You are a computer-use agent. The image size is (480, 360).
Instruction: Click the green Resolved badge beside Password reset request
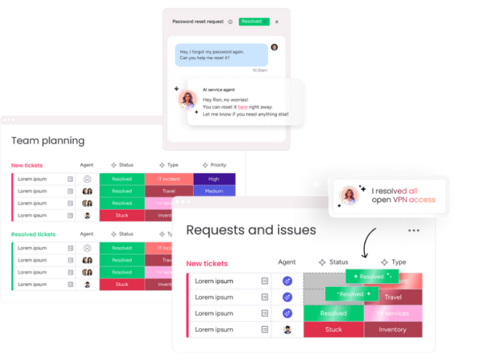click(x=254, y=22)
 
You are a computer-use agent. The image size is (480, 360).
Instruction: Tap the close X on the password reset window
click(x=277, y=22)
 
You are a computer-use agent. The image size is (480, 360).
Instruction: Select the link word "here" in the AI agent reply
click(x=242, y=107)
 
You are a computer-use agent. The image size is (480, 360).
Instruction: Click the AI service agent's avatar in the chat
click(x=188, y=100)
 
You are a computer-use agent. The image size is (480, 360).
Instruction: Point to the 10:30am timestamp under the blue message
click(x=260, y=70)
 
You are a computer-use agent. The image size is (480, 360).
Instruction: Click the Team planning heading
click(x=48, y=141)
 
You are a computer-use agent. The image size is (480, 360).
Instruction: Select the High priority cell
click(x=214, y=179)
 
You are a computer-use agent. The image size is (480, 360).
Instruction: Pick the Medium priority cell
click(x=214, y=191)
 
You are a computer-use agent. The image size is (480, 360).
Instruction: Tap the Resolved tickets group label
click(x=34, y=235)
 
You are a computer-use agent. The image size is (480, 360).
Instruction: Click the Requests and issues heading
click(x=251, y=230)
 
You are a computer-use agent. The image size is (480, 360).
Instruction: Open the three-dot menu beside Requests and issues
click(x=414, y=230)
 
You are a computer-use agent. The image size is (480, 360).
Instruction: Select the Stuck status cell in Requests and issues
click(x=334, y=329)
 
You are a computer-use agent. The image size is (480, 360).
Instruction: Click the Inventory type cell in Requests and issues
click(x=392, y=329)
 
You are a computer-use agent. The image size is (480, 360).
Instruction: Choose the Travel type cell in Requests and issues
click(x=393, y=297)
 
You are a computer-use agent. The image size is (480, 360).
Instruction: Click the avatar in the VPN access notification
click(x=349, y=196)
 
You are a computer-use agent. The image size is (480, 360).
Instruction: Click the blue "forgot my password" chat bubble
click(x=221, y=55)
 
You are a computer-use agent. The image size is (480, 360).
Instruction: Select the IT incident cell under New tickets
click(x=169, y=179)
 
